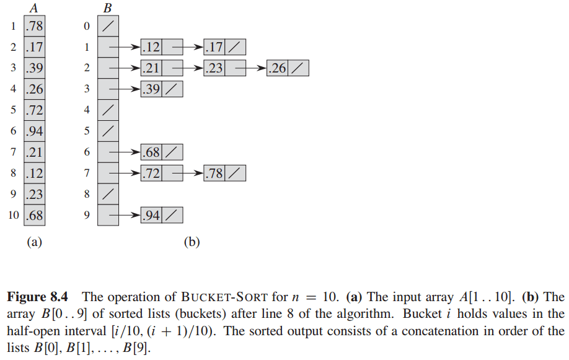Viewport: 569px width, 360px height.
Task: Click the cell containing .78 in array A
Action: (x=35, y=26)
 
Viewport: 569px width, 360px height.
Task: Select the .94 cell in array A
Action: (x=35, y=131)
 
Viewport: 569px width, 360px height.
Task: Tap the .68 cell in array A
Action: (x=35, y=216)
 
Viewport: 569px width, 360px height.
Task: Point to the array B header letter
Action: (x=108, y=8)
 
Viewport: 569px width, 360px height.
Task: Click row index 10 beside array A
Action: (x=13, y=216)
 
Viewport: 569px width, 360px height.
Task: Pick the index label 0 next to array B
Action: (x=87, y=26)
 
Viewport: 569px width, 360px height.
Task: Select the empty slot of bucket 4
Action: (x=108, y=110)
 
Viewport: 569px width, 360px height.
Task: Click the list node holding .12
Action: (x=151, y=47)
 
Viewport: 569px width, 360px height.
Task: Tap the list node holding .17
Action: (x=214, y=47)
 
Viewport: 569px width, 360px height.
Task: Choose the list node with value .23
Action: (x=214, y=68)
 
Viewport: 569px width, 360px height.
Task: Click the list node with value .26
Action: (x=277, y=68)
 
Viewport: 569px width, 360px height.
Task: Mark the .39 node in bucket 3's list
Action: (x=151, y=89)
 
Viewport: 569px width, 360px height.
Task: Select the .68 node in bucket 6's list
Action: (x=151, y=152)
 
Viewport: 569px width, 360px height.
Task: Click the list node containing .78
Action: (x=214, y=173)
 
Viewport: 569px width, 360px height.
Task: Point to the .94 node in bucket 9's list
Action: (x=151, y=216)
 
